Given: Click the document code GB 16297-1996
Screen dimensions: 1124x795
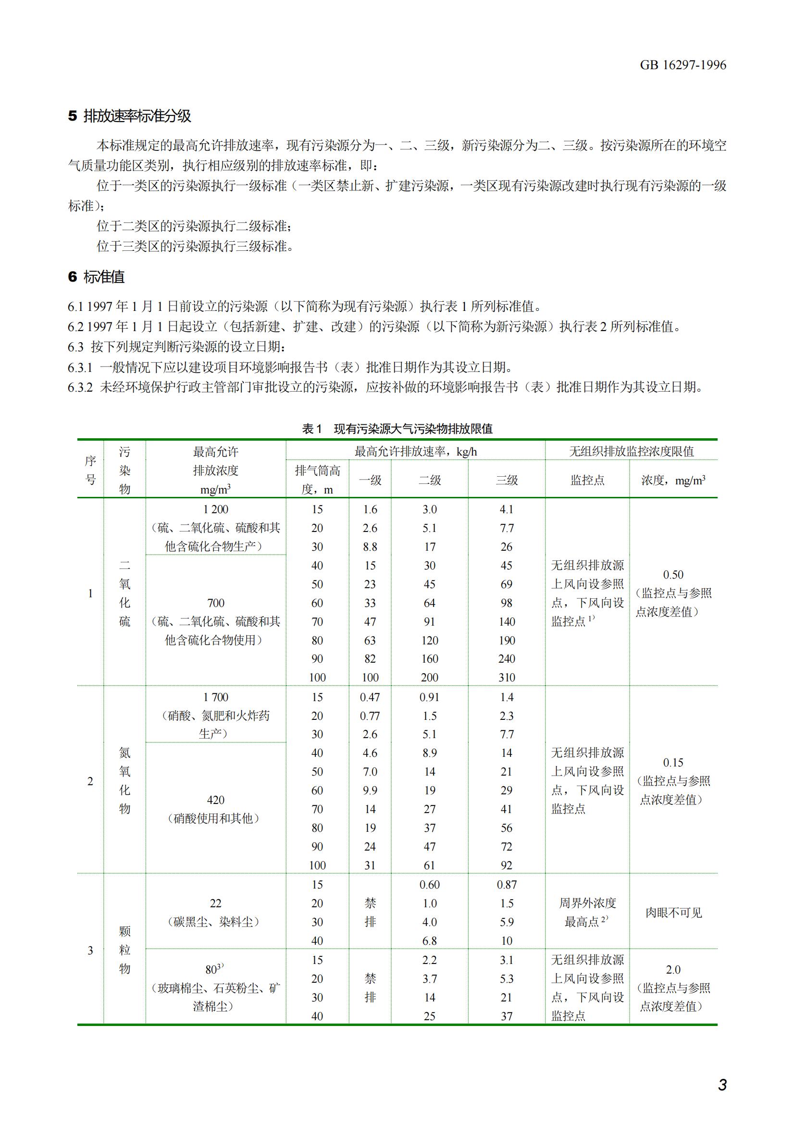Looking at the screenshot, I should [683, 65].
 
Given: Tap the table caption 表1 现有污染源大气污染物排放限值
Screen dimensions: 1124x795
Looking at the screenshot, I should [397, 429].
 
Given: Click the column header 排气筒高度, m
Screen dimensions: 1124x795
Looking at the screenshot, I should [317, 480].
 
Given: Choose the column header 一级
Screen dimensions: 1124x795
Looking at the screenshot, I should [370, 480].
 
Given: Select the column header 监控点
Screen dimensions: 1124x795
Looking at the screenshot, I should [587, 480].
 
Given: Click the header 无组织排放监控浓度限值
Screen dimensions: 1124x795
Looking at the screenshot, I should [631, 451].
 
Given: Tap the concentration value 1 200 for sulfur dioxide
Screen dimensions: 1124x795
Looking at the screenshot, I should [215, 509].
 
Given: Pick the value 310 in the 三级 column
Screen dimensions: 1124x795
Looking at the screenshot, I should [507, 678].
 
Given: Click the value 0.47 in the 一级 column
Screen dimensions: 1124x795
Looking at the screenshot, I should [370, 697].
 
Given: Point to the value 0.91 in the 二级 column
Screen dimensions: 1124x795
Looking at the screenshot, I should [429, 697].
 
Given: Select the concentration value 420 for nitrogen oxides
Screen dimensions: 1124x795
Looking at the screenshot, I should [215, 800].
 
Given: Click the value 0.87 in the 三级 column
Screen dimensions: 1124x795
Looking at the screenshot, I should [507, 885].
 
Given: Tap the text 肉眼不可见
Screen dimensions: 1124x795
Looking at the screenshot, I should [673, 913].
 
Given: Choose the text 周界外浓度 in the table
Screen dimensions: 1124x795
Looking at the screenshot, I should [587, 903].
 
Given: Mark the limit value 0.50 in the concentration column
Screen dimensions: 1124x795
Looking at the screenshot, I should [673, 575].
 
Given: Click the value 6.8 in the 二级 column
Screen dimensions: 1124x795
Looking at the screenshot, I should [429, 941].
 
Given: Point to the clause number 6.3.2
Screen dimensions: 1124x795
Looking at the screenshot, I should [80, 388].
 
